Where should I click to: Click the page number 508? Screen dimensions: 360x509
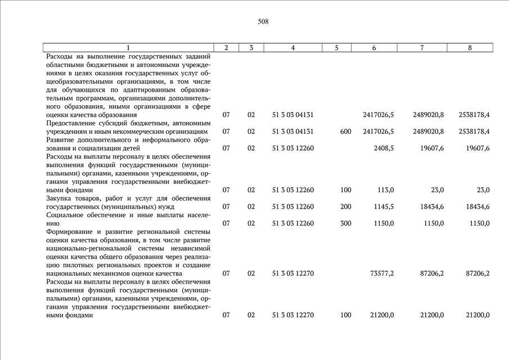[x=263, y=22]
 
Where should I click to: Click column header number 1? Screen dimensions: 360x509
[x=128, y=48]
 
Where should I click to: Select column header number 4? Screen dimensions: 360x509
[x=292, y=48]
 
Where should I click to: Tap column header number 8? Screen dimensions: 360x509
[x=470, y=48]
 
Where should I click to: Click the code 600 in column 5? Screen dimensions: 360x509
[x=346, y=132]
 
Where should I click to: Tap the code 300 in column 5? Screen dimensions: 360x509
[x=346, y=223]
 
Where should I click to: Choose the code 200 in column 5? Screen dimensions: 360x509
[x=346, y=206]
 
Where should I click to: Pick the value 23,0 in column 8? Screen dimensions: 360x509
[x=483, y=190]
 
